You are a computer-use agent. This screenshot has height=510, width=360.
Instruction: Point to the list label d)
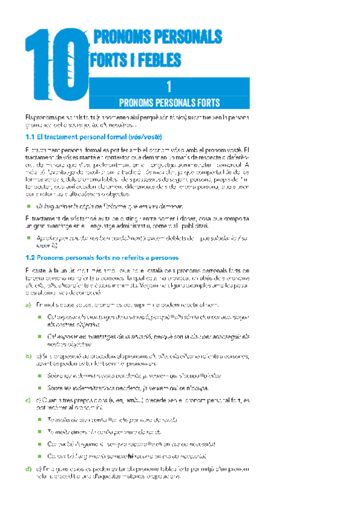pos(28,469)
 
